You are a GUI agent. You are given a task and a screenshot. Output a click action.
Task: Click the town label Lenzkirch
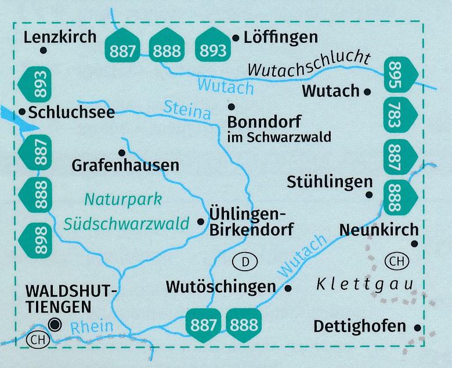(60, 38)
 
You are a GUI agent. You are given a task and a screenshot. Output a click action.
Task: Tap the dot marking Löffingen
(236, 38)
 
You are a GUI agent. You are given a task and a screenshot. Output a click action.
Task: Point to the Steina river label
(186, 110)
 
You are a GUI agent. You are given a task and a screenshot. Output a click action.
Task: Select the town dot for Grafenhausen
(122, 153)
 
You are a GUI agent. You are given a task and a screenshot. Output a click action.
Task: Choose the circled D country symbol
(245, 263)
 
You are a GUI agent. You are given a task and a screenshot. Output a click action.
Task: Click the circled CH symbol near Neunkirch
(396, 261)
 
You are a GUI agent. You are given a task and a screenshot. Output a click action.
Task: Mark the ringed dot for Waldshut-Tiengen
(55, 325)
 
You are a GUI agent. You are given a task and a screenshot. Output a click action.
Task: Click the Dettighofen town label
(360, 326)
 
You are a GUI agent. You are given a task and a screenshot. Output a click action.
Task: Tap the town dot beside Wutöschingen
(288, 287)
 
